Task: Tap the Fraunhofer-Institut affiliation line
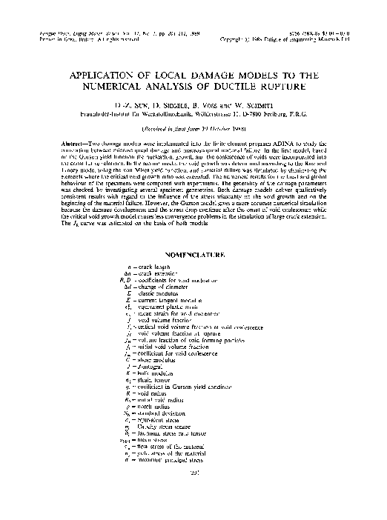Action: [x=193, y=115]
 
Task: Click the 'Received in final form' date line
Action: [x=193, y=128]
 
